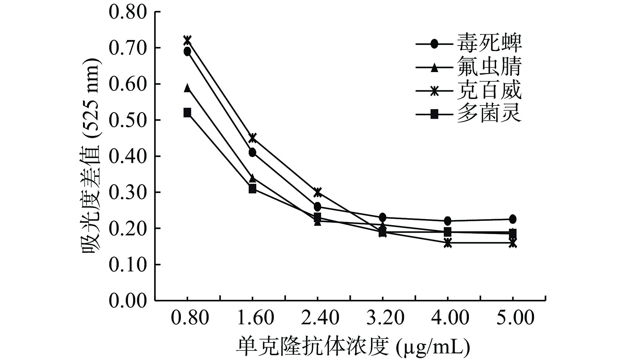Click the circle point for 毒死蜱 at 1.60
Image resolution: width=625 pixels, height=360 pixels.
pyautogui.click(x=252, y=152)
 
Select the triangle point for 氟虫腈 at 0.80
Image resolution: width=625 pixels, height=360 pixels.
pyautogui.click(x=187, y=88)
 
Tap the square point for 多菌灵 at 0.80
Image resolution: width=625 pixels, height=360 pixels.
pyautogui.click(x=187, y=113)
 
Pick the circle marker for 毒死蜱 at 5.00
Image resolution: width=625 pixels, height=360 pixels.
pyautogui.click(x=513, y=219)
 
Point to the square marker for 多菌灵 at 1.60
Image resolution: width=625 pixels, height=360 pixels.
pyautogui.click(x=252, y=189)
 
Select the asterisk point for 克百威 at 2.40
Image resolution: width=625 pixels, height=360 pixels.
pyautogui.click(x=317, y=192)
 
